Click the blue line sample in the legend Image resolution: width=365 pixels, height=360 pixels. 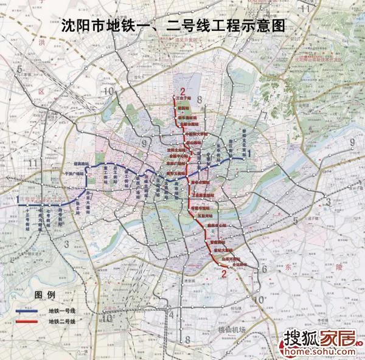point(27,311)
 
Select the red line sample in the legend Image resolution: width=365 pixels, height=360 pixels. point(27,321)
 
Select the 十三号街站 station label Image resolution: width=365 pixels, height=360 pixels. point(29,220)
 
